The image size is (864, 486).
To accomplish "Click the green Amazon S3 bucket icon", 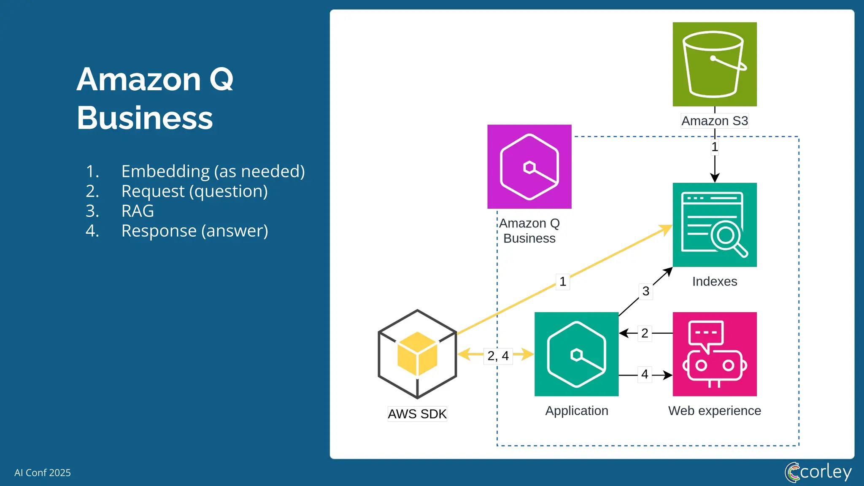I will [x=714, y=64].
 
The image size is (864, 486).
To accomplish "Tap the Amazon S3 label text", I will [x=714, y=121].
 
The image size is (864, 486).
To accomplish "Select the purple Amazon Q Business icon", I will [x=529, y=167].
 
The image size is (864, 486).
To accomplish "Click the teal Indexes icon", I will [x=714, y=224].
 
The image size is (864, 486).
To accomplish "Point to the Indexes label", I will [x=714, y=281].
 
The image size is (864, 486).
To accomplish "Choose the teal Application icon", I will [x=576, y=354].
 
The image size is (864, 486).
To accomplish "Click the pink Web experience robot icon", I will [x=714, y=354].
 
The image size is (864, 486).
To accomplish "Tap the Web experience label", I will [x=714, y=410].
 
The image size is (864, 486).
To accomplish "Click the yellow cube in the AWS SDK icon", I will [x=417, y=354].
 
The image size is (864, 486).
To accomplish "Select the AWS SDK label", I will [x=417, y=414].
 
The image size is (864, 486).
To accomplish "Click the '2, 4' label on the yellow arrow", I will [x=498, y=356].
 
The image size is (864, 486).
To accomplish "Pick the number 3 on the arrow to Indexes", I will [x=645, y=291].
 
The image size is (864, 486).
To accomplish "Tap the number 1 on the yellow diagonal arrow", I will [x=562, y=281].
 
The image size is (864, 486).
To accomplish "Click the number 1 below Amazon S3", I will [x=714, y=147].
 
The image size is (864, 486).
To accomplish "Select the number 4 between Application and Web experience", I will [x=645, y=374].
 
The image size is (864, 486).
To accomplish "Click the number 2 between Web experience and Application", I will [x=645, y=333].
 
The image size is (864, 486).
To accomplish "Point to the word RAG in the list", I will [x=138, y=211].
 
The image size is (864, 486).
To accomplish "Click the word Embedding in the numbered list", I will [x=165, y=172].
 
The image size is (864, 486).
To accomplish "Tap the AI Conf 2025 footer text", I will [x=43, y=472].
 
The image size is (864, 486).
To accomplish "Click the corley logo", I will [x=818, y=472].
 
